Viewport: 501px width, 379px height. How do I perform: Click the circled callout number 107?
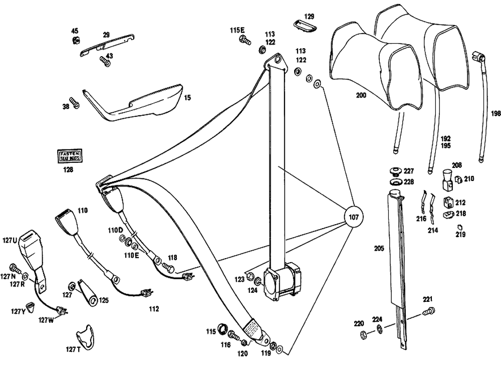pyautogui.click(x=354, y=218)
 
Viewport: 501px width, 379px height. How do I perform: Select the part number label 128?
pyautogui.click(x=68, y=170)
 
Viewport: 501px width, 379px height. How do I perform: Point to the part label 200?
pyautogui.click(x=361, y=95)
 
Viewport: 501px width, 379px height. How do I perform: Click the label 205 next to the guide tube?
pyautogui.click(x=379, y=248)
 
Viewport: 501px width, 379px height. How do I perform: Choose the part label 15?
pyautogui.click(x=187, y=98)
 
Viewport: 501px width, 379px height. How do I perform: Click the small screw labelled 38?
pyautogui.click(x=76, y=103)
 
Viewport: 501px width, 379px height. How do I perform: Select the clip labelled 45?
pyautogui.click(x=77, y=41)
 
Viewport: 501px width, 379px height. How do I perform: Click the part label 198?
pyautogui.click(x=495, y=114)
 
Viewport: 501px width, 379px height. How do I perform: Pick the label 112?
pyautogui.click(x=153, y=309)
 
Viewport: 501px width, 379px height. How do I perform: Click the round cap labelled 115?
pyautogui.click(x=222, y=331)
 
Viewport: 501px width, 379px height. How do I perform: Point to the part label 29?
pyautogui.click(x=106, y=35)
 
